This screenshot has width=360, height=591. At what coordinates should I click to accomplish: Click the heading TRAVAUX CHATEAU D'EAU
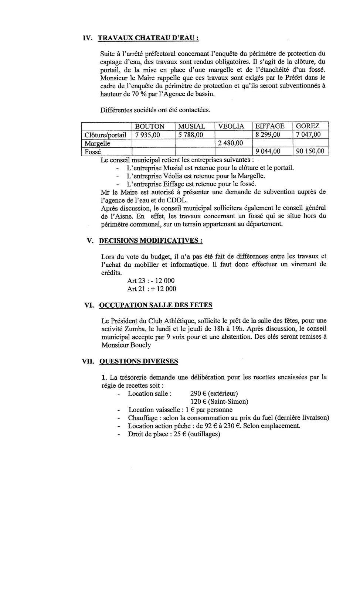pos(148,38)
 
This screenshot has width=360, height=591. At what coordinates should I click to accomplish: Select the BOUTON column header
pos(150,126)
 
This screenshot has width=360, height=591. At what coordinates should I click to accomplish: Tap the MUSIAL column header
pos(191,126)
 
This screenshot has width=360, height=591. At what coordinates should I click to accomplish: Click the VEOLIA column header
pos(231,126)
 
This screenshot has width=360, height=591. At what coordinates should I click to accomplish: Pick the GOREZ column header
pos(308,126)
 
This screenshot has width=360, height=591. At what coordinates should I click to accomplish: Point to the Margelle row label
pos(98,143)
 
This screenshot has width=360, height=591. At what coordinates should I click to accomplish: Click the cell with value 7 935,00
pos(147,135)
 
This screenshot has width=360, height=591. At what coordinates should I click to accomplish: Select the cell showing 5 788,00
pos(191,135)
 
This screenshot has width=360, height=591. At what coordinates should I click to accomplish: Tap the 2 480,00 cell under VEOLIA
pos(231,143)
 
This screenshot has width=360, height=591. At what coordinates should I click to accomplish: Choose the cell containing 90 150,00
pos(310,151)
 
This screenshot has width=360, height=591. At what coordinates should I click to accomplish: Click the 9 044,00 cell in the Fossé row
pos(268,151)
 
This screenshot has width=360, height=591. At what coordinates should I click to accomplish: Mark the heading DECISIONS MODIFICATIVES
pos(150,241)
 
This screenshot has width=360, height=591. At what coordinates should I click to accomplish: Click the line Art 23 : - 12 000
pos(151,281)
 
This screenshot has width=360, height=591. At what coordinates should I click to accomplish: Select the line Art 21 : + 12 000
pos(152,289)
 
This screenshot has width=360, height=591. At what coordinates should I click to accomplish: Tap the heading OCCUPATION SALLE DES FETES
pos(156,305)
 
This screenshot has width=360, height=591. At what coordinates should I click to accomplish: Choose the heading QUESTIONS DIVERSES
pos(139,361)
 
